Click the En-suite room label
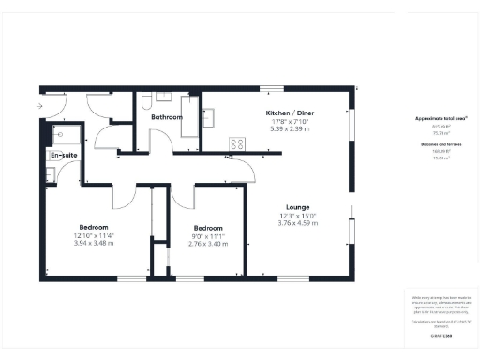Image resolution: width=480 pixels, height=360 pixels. coord(64,154)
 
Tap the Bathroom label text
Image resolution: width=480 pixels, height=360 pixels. coord(166,117)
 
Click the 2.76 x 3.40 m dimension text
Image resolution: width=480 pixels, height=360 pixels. coord(207,243)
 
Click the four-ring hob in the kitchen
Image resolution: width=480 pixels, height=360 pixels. coord(238,144)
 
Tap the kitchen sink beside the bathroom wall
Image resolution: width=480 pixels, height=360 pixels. coord(209,116)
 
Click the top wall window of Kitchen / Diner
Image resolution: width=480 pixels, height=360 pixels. coord(272,88)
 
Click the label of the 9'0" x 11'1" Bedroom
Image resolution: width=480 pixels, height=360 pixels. coord(207,228)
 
